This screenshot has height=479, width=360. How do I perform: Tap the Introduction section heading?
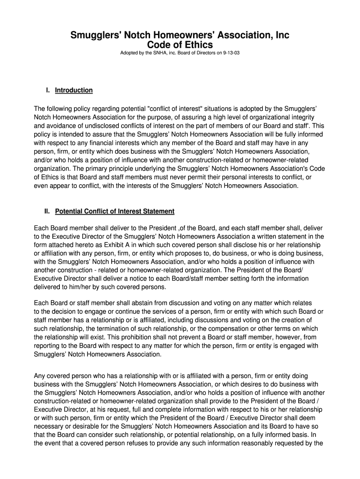click(x=74, y=90)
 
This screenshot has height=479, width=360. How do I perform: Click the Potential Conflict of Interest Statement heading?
click(x=115, y=211)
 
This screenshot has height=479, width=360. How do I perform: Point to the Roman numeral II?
click(x=47, y=211)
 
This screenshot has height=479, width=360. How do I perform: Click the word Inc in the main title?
click(x=283, y=35)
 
